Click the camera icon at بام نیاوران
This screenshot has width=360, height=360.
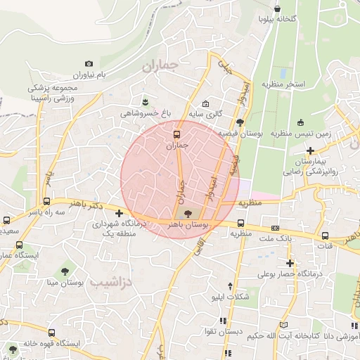click(x=88, y=64)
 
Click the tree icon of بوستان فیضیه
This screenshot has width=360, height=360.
click(x=240, y=123)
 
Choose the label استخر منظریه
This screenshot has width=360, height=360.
click(x=284, y=84)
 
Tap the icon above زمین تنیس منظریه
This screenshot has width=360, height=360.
click(x=301, y=122)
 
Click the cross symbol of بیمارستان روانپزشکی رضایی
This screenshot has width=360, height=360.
click(x=310, y=150)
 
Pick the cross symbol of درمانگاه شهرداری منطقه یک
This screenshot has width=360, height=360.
click(x=120, y=213)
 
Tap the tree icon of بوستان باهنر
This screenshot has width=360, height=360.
click(x=186, y=214)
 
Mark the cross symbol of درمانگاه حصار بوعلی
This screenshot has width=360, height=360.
click(x=289, y=263)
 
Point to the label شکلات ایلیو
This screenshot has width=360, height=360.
click(x=231, y=297)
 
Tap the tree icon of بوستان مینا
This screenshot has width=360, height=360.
click(x=65, y=271)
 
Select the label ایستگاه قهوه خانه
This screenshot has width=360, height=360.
click(x=48, y=344)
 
